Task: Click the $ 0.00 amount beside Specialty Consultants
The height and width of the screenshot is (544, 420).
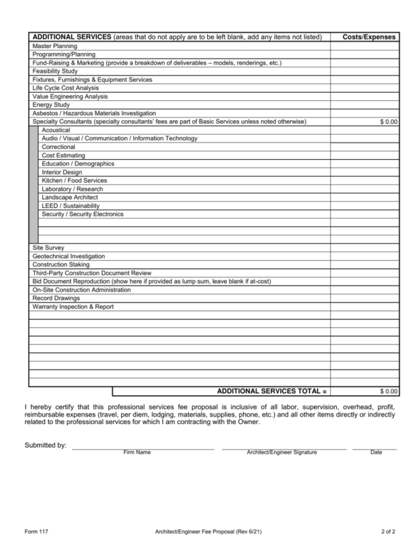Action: point(389,122)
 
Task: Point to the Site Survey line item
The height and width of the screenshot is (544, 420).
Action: point(48,248)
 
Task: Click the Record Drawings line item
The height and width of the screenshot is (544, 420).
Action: point(56,298)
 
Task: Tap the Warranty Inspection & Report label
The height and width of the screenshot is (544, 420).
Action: point(73,306)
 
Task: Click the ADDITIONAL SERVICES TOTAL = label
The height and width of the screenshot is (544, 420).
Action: point(272,391)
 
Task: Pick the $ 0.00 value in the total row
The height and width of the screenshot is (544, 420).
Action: point(389,391)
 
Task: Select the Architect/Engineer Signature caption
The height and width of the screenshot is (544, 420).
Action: point(282,452)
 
